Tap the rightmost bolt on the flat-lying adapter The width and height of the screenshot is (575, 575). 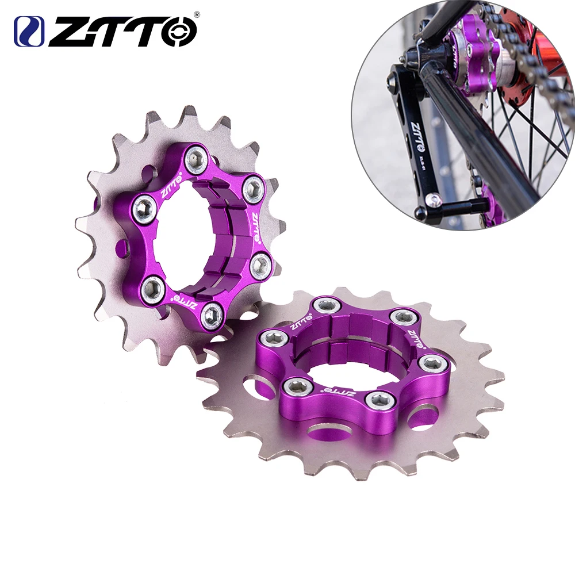pos(430,364)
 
